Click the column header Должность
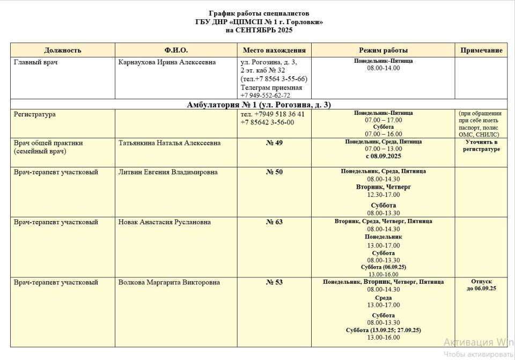tap(63, 50)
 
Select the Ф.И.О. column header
tap(176, 50)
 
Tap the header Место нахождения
tap(274, 50)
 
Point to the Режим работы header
tap(383, 50)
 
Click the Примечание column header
tap(481, 50)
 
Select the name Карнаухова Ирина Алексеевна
tap(167, 62)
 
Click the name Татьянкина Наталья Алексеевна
tap(169, 143)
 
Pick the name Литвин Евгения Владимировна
tap(168, 172)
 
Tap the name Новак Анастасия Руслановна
tap(164, 222)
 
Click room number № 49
tap(274, 143)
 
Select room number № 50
tap(274, 172)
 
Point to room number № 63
tap(274, 222)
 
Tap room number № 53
tap(274, 283)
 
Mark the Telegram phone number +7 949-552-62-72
tap(266, 95)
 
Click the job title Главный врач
tap(35, 62)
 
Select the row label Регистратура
tap(34, 114)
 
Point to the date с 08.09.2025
tap(383, 156)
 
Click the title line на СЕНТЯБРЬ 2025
tap(259, 30)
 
